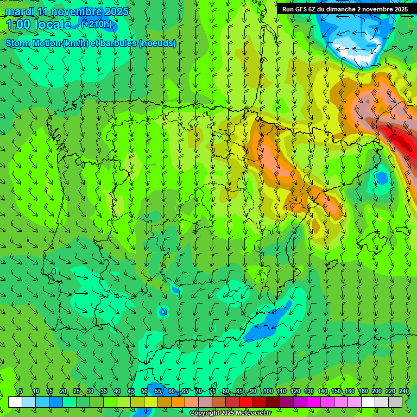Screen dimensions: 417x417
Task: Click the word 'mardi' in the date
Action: (x=19, y=11)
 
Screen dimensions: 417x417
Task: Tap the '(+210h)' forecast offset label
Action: (x=96, y=24)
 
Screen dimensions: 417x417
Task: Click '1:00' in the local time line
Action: (x=18, y=24)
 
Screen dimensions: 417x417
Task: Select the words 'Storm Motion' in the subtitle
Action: (x=33, y=43)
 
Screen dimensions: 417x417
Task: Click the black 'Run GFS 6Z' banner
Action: (x=345, y=9)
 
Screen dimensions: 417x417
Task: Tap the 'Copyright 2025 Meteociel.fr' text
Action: (x=230, y=413)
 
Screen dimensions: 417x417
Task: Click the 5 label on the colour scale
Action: (x=21, y=391)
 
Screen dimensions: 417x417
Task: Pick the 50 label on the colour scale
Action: (x=144, y=391)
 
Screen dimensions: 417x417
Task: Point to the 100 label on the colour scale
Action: (x=268, y=391)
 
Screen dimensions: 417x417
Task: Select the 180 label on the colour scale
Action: (x=363, y=391)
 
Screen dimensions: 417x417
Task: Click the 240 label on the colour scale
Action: (x=404, y=391)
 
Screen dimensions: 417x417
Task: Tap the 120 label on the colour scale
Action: (x=295, y=391)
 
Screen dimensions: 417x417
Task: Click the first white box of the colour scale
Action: (x=15, y=402)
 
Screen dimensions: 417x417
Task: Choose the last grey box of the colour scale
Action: (x=395, y=402)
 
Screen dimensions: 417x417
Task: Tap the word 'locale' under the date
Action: (x=53, y=24)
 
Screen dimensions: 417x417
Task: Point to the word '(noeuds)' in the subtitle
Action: (x=157, y=43)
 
